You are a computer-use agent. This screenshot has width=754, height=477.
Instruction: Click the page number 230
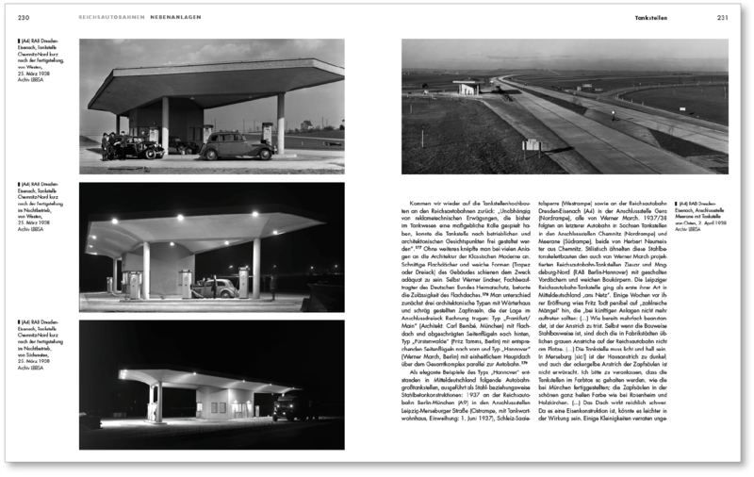(24, 18)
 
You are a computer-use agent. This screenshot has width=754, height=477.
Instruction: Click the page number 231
(722, 18)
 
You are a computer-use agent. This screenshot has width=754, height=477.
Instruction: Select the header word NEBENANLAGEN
(175, 18)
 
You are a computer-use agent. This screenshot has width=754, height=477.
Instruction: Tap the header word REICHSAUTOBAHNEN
(111, 18)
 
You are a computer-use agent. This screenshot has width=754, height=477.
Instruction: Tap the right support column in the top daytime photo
(280, 123)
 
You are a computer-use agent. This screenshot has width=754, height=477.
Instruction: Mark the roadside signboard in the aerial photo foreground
(531, 145)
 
